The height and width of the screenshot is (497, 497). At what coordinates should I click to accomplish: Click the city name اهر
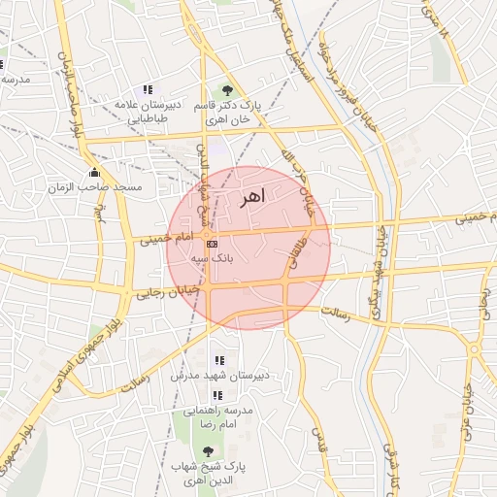pos(249,198)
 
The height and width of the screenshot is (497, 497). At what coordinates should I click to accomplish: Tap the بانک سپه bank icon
pos(213,244)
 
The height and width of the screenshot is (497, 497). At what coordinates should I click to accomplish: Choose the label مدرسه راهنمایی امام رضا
pos(218,417)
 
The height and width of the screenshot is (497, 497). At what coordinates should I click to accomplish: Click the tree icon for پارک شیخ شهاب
pos(208,451)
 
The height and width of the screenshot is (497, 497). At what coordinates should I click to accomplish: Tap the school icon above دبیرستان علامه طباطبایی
pos(147,89)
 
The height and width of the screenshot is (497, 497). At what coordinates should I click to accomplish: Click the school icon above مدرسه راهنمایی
pos(217,395)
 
